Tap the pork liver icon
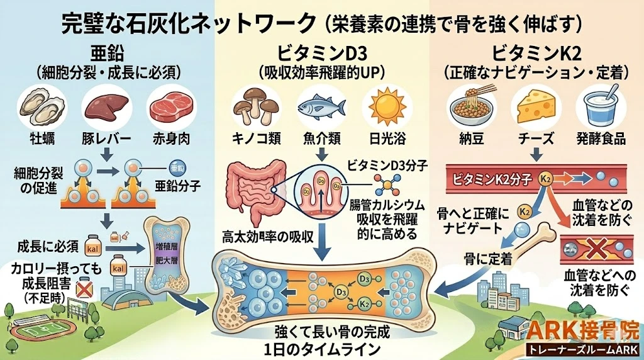point(103,105)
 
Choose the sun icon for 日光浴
point(387,105)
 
